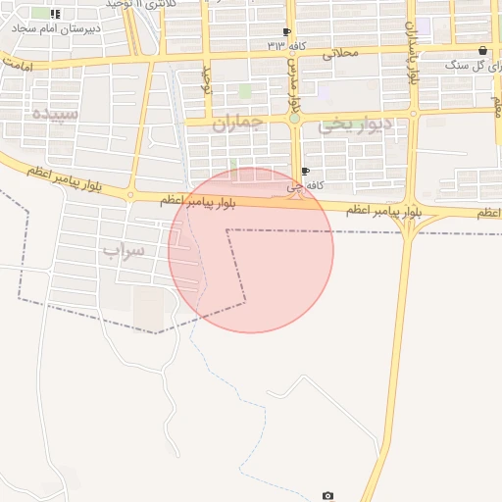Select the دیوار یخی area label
(355, 123)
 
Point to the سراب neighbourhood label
(124, 251)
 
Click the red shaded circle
(251, 251)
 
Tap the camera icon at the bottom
(327, 496)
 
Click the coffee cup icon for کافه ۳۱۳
(286, 32)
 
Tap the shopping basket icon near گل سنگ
(481, 50)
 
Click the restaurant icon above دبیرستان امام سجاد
(55, 14)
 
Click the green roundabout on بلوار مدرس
(293, 119)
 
